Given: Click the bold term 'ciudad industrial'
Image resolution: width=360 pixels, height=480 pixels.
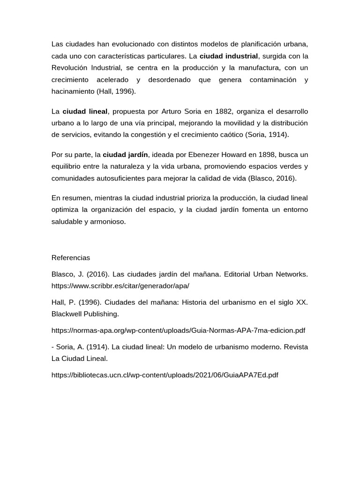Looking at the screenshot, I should pyautogui.click(x=229, y=56).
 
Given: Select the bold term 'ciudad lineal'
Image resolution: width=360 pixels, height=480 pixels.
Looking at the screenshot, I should pyautogui.click(x=85, y=112).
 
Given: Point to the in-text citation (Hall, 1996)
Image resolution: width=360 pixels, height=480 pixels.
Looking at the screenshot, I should pyautogui.click(x=116, y=92).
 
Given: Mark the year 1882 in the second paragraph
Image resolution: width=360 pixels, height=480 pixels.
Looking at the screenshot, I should pyautogui.click(x=225, y=112).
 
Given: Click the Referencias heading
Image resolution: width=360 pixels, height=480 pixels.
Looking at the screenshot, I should pyautogui.click(x=71, y=258).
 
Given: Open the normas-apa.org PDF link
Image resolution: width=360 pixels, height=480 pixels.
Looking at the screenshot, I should pyautogui.click(x=178, y=330).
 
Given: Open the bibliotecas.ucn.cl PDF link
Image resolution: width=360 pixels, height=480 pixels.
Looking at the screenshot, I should pyautogui.click(x=165, y=375).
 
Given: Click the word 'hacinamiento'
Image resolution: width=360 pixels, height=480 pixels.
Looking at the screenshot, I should pyautogui.click(x=73, y=92).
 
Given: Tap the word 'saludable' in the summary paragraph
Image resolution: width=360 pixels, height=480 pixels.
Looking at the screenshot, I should pyautogui.click(x=67, y=221).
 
